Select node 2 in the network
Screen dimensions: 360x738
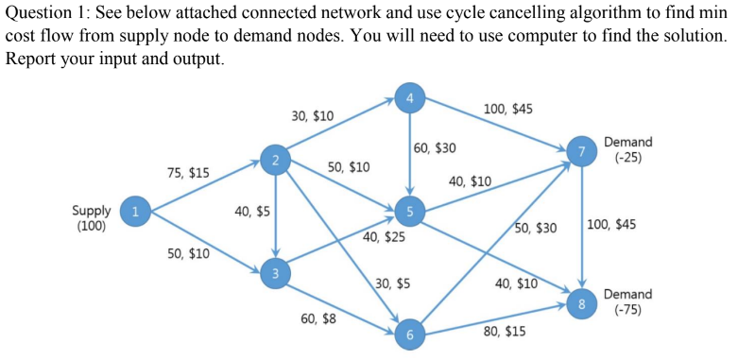click(x=274, y=161)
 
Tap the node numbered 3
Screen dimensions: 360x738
click(x=275, y=274)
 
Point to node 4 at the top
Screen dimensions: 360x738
click(x=409, y=98)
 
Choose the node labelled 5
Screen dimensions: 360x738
click(x=409, y=210)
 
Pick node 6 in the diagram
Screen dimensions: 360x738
click(x=409, y=335)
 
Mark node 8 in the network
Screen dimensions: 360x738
click(x=582, y=304)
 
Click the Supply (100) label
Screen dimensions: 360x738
click(x=92, y=218)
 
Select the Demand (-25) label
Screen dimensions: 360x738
click(x=627, y=149)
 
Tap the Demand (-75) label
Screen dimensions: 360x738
click(x=627, y=301)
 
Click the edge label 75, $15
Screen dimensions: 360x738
click(x=188, y=173)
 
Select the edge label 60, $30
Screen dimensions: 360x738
click(x=436, y=148)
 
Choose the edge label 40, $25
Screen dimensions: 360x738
click(x=384, y=237)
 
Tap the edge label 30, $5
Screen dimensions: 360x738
click(x=392, y=283)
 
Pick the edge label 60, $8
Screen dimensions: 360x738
click(x=318, y=319)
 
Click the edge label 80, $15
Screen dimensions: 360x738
click(x=505, y=332)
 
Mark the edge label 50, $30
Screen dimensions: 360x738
click(x=536, y=228)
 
